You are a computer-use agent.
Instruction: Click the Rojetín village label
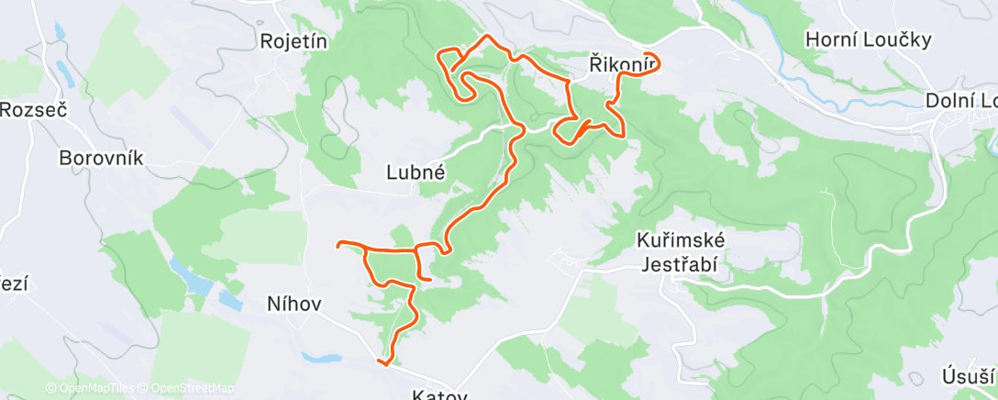(294, 40)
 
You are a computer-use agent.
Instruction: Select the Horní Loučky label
(868, 39)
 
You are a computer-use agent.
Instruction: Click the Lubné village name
(416, 171)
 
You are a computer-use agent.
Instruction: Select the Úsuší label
(968, 376)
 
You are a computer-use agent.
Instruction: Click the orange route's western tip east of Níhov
(339, 244)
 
